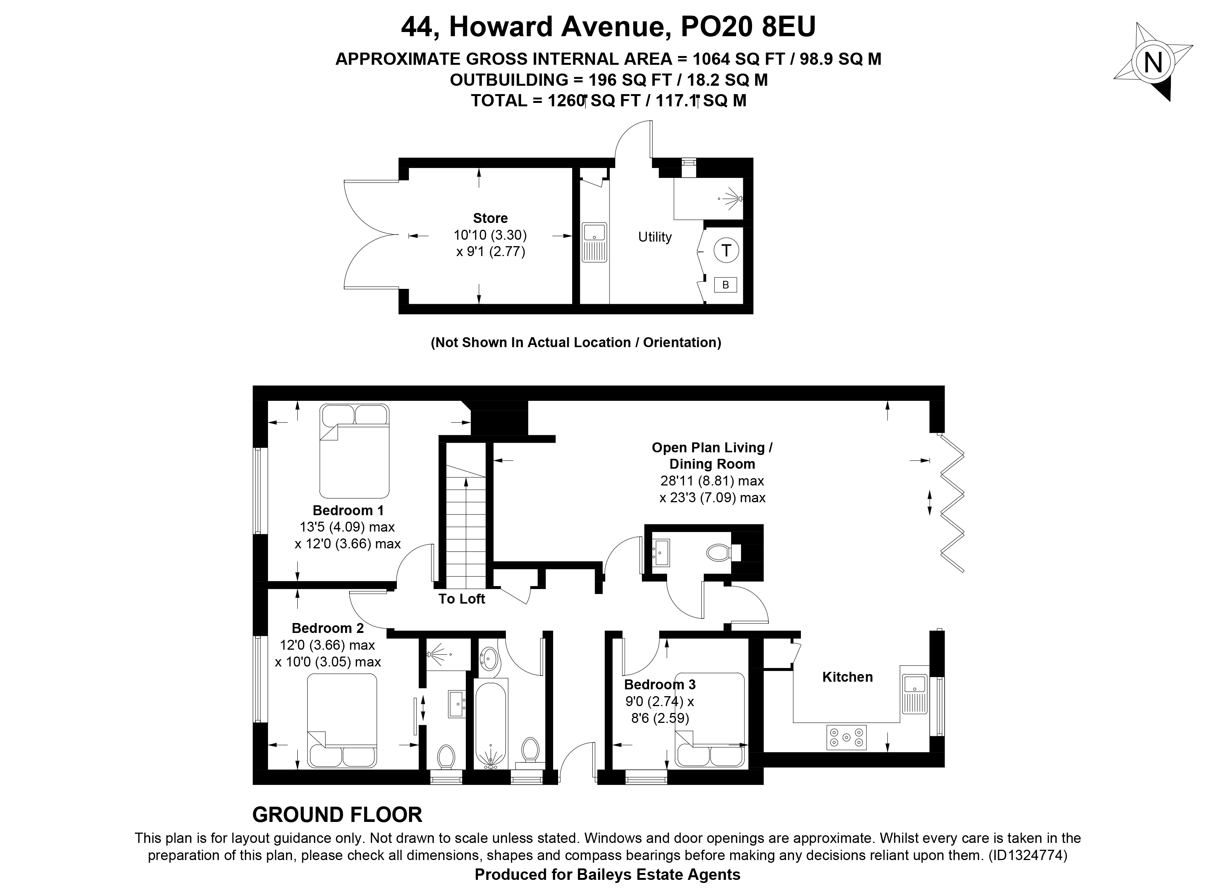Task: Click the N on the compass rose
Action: click(1152, 62)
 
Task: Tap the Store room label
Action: click(490, 218)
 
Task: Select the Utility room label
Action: click(655, 237)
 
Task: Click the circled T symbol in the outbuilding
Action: click(726, 250)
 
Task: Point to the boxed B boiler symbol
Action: click(725, 285)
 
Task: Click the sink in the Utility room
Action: click(594, 242)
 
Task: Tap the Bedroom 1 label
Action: click(348, 510)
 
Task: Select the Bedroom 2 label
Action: click(328, 628)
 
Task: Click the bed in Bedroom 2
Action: click(342, 721)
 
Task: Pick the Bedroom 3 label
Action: click(659, 684)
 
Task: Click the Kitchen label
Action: click(847, 677)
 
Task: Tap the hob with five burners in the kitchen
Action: click(846, 737)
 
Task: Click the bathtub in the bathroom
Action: click(490, 724)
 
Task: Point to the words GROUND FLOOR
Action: click(337, 815)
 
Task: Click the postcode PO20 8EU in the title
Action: click(748, 27)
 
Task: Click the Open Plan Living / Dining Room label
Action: click(712, 455)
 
